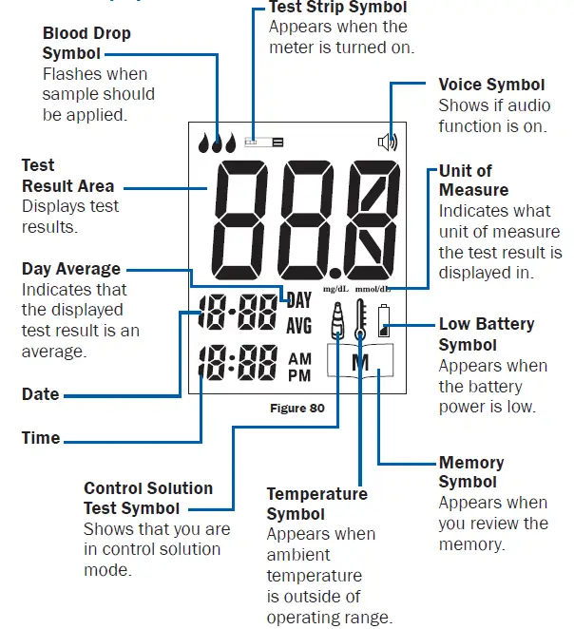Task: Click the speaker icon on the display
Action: [388, 143]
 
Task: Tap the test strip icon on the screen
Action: [263, 143]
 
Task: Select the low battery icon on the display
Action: [383, 321]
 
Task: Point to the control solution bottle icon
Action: [336, 323]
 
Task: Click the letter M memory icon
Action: [360, 362]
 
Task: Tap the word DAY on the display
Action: [299, 301]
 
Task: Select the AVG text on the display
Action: [299, 325]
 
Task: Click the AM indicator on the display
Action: [299, 358]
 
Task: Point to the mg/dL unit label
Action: [336, 289]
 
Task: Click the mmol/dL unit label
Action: [373, 289]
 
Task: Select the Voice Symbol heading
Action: [491, 85]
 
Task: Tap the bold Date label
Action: [41, 394]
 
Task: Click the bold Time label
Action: [41, 438]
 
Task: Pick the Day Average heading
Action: [71, 269]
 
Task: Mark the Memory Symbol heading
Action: [471, 472]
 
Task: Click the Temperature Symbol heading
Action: [316, 505]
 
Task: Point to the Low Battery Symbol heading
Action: [486, 334]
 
